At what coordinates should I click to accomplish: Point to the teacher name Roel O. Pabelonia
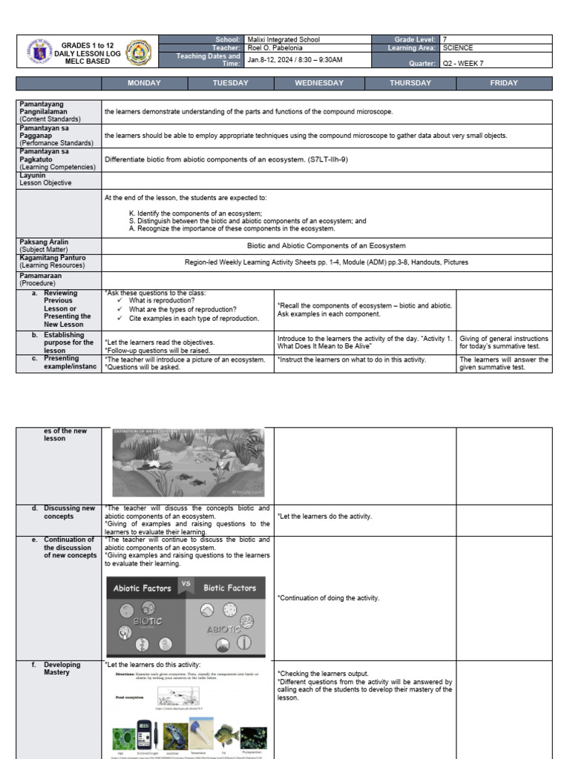click(275, 47)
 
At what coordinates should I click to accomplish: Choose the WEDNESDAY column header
click(319, 83)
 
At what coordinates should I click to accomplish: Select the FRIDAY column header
click(504, 83)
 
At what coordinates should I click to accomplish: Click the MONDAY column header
click(144, 83)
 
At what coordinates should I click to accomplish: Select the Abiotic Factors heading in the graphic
click(142, 589)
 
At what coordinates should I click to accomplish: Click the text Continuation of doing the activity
click(328, 598)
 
